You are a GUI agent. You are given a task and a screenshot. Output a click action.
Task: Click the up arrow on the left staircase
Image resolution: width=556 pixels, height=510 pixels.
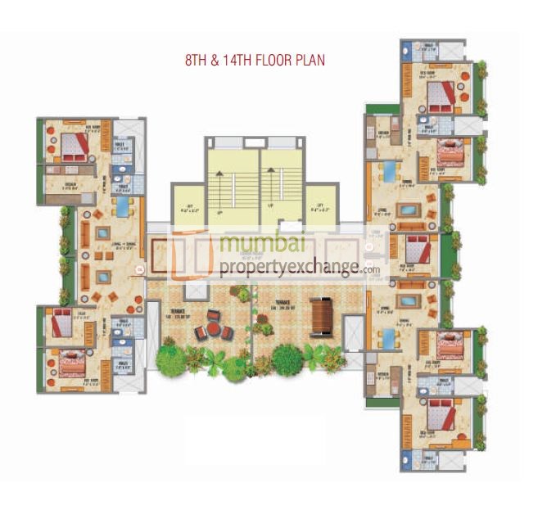click(x=220, y=211)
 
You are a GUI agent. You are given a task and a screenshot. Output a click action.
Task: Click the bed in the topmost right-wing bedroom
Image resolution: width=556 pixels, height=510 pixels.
click(x=441, y=95)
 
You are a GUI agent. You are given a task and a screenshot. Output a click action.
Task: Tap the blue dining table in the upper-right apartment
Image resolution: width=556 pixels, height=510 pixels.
click(x=388, y=171)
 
